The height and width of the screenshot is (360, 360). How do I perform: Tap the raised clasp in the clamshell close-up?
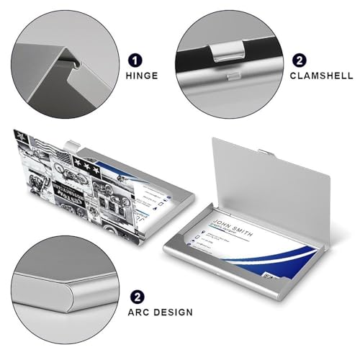pyautogui.click(x=230, y=51)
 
